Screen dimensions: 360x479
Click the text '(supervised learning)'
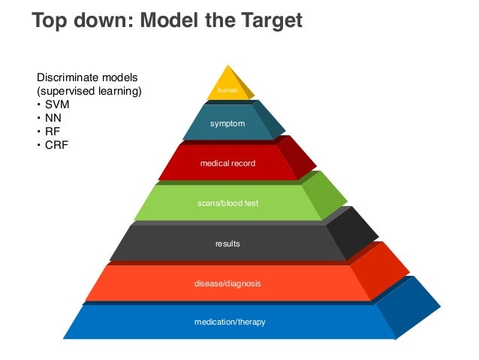(x=89, y=91)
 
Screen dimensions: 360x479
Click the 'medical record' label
(x=227, y=162)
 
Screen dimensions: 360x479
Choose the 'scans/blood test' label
(x=227, y=203)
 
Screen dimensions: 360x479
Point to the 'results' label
(x=227, y=244)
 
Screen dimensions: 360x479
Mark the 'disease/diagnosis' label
(x=228, y=284)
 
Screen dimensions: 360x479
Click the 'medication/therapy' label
(x=230, y=322)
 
